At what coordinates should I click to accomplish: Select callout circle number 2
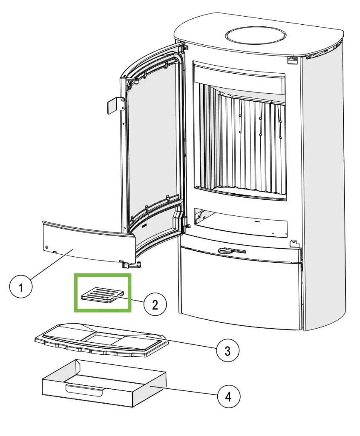coord(155,304)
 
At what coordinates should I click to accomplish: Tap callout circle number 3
coord(227,351)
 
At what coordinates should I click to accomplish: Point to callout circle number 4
coord(228,397)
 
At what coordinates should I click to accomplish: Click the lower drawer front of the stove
coord(241,290)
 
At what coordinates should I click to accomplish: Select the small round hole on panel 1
coord(46,247)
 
